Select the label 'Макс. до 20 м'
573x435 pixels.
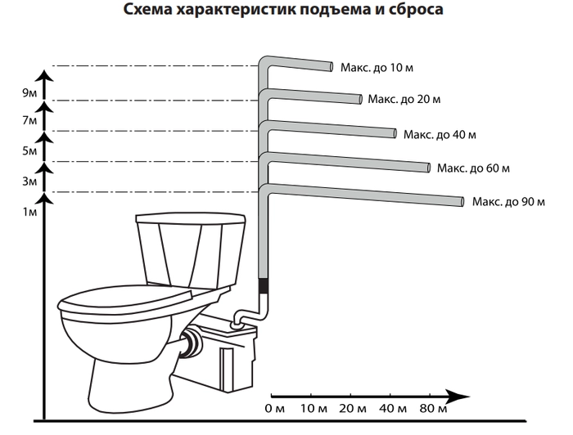404,100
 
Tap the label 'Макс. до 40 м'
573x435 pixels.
439,134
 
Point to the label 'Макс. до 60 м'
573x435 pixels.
473,168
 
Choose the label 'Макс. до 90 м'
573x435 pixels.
508,201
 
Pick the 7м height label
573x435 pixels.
30,121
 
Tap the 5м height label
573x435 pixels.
30,151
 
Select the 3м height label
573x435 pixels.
30,182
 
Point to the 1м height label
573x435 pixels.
30,213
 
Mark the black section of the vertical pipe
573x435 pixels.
264,286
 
